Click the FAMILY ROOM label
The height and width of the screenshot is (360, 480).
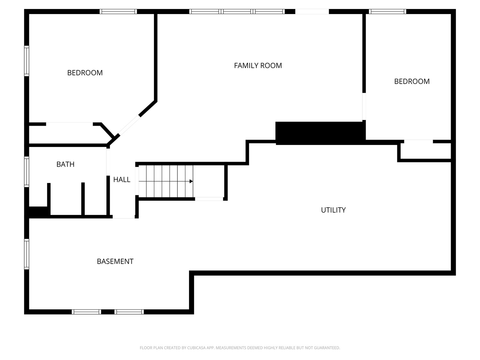click(258, 66)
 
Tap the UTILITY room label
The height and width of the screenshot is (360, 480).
click(333, 210)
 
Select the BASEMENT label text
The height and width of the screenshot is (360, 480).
click(115, 261)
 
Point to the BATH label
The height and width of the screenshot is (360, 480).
click(65, 164)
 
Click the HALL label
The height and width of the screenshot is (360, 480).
click(122, 180)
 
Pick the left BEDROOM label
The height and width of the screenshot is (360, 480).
click(85, 73)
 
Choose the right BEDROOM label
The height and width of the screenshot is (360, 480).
click(412, 82)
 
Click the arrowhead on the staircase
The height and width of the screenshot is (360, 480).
click(191, 181)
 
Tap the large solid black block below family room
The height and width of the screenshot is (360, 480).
click(320, 133)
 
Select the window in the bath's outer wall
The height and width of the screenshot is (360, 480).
click(26, 172)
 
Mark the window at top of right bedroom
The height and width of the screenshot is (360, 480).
click(387, 12)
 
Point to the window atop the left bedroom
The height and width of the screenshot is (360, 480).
click(118, 12)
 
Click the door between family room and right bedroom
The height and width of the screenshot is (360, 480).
click(364, 107)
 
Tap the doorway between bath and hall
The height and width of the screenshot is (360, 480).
click(108, 162)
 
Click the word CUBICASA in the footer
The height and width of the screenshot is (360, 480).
click(196, 348)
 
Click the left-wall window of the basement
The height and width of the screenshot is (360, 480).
click(26, 254)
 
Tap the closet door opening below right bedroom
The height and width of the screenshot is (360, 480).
click(418, 141)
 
